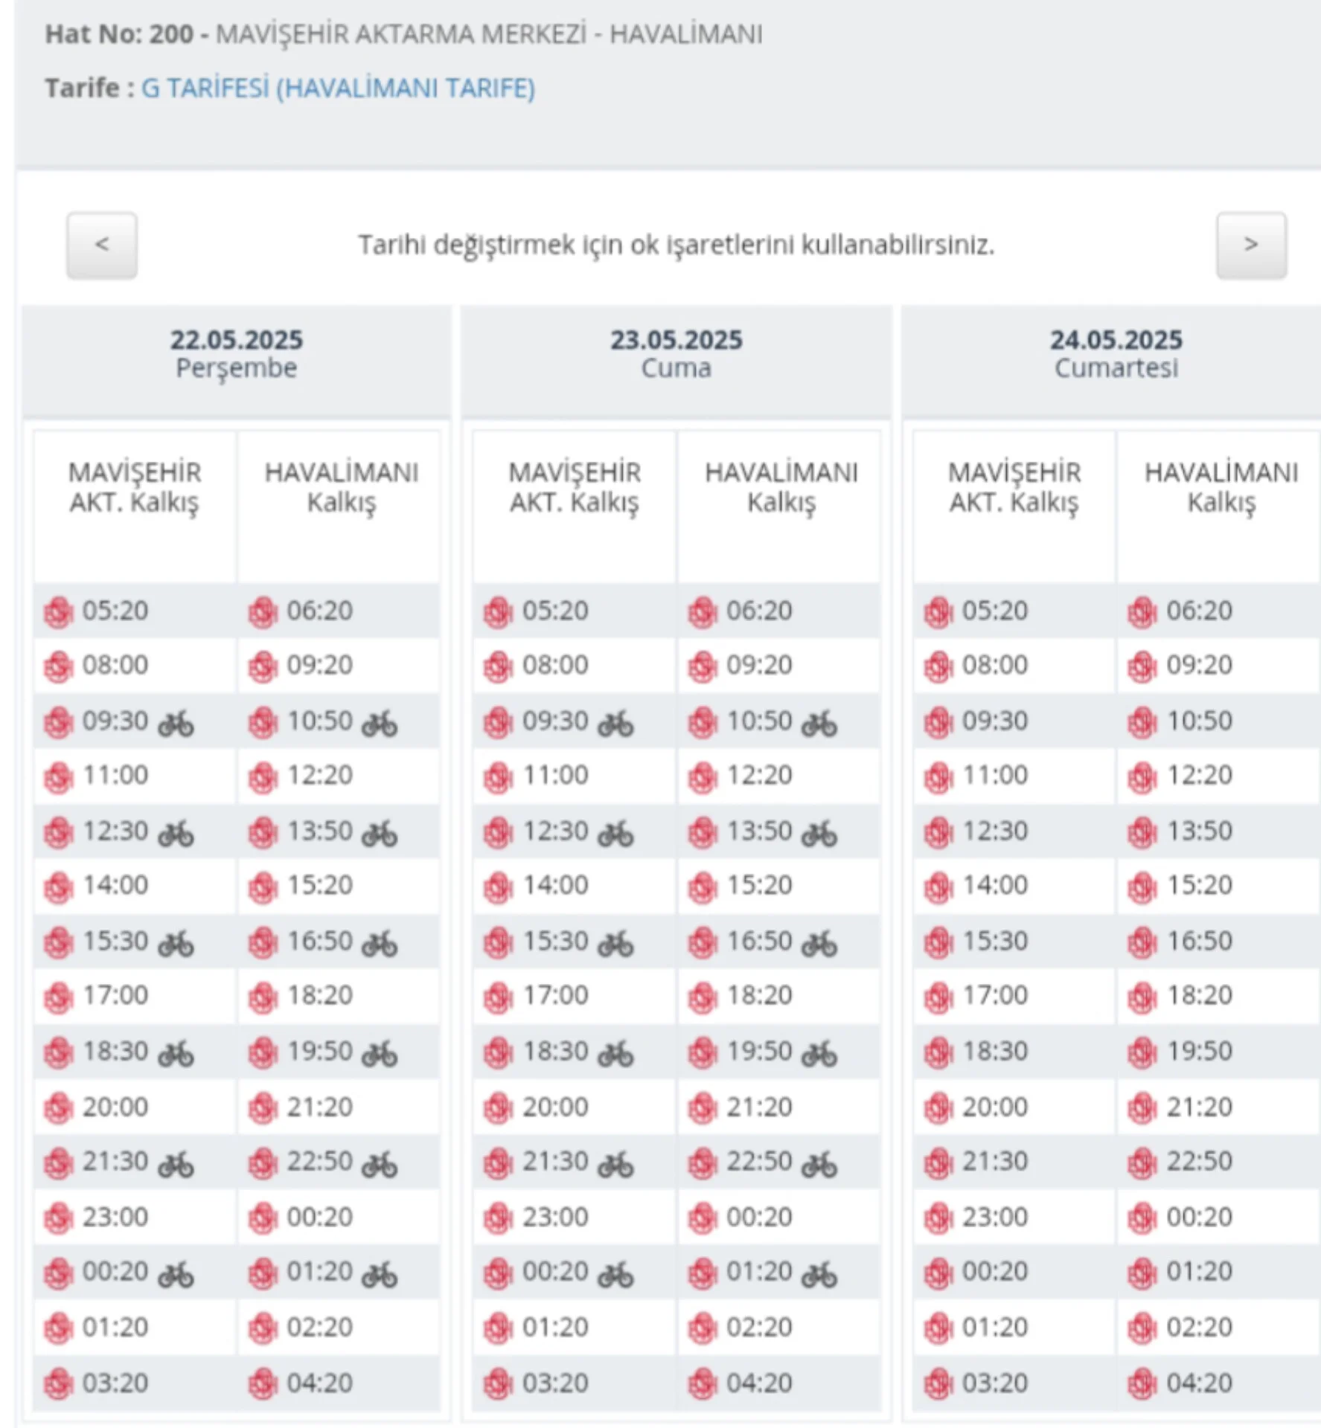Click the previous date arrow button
click(x=102, y=245)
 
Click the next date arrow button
click(x=1250, y=245)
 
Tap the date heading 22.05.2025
click(x=237, y=340)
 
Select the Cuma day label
click(x=676, y=368)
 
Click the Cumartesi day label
click(x=1116, y=368)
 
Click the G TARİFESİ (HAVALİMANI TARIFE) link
click(x=338, y=89)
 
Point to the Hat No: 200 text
click(x=119, y=34)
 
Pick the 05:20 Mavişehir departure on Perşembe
click(x=115, y=611)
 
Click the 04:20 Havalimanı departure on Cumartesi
click(x=1198, y=1383)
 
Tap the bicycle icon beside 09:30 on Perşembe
click(x=176, y=723)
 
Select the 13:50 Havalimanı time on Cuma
click(x=759, y=831)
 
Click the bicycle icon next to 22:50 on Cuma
click(x=819, y=1164)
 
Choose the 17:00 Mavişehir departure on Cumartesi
click(x=995, y=995)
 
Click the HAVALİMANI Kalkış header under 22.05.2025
click(x=341, y=487)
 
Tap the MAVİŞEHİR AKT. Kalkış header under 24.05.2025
click(x=1014, y=487)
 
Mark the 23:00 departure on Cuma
click(x=555, y=1217)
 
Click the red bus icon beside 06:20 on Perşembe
click(x=263, y=612)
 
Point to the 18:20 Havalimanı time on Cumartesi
click(x=1198, y=995)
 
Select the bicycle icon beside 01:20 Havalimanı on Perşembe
click(x=380, y=1275)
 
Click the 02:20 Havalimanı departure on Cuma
click(x=759, y=1327)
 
